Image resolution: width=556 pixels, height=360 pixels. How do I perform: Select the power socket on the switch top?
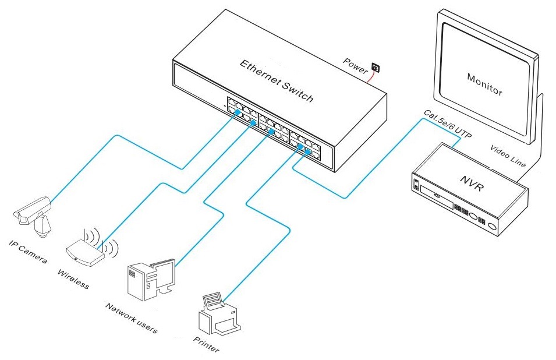[x=376, y=69]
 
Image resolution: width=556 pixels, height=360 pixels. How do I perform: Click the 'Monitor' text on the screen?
[x=484, y=84]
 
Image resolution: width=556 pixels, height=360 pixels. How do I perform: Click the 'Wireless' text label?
[x=73, y=279]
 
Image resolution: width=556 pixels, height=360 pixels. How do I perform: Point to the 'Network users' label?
[x=131, y=318]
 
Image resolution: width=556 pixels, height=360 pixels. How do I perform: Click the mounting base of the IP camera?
[x=42, y=227]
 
